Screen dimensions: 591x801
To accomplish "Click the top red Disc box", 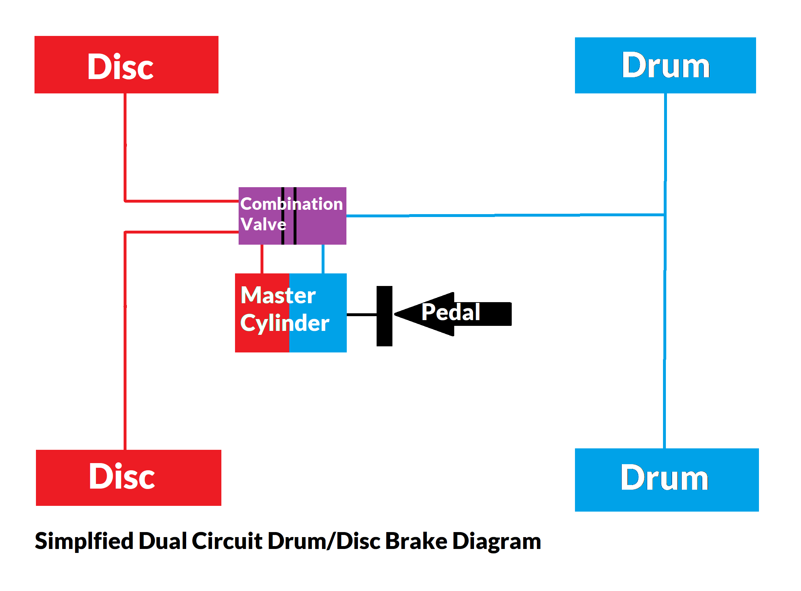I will pos(126,65).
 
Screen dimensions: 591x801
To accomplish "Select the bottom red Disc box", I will pos(128,477).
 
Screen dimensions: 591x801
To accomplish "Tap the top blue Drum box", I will pos(665,65).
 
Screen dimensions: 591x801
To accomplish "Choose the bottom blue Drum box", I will pos(667,480).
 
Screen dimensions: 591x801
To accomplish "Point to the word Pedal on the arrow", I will pos(451,312).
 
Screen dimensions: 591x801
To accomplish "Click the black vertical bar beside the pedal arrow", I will pos(384,316).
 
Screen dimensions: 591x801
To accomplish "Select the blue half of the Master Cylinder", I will pos(323,341).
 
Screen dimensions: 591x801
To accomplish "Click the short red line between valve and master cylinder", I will pos(262,259).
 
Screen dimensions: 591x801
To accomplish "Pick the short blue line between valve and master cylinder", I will pos(323,259).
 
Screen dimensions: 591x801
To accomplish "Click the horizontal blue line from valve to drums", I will pos(503,215).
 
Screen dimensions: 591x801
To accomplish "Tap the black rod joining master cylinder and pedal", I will pos(361,315).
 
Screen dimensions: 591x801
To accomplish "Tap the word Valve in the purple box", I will pos(263,225).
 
